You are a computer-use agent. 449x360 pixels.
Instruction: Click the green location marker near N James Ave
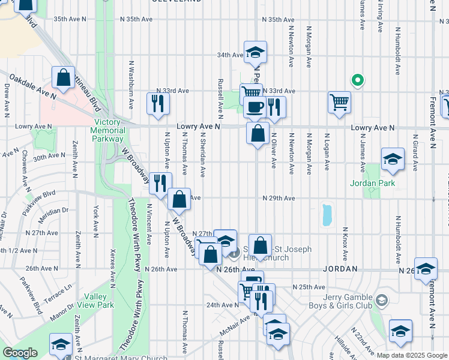click(357, 80)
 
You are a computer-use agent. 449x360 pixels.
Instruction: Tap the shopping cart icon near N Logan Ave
click(339, 101)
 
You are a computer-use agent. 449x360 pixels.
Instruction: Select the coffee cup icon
click(255, 107)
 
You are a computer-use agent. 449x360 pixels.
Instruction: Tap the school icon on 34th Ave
click(255, 52)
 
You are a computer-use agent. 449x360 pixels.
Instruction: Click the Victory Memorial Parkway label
click(109, 127)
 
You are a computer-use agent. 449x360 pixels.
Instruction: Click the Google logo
click(20, 353)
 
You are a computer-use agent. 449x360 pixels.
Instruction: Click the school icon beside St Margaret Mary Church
click(61, 344)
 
